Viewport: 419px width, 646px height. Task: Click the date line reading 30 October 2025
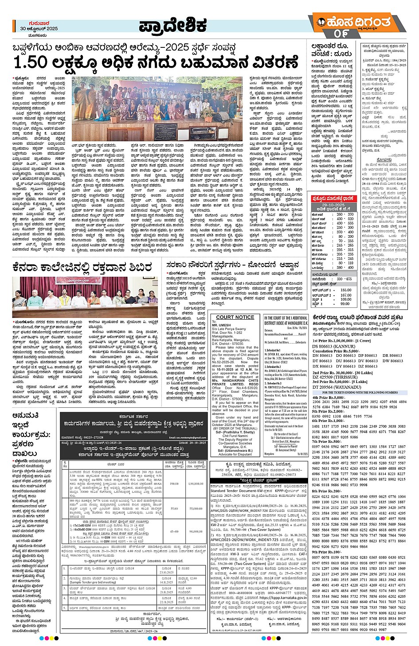pos(39,29)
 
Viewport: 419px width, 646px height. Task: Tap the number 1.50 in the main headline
pos(31,63)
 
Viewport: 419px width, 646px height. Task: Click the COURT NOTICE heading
pos(235,317)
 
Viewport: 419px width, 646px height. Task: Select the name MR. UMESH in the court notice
pos(222,325)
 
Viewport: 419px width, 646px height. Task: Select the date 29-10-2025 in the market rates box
pos(333,205)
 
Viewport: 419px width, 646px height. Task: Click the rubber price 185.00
pos(345,290)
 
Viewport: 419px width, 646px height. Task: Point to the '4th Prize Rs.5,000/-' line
pos(330,398)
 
